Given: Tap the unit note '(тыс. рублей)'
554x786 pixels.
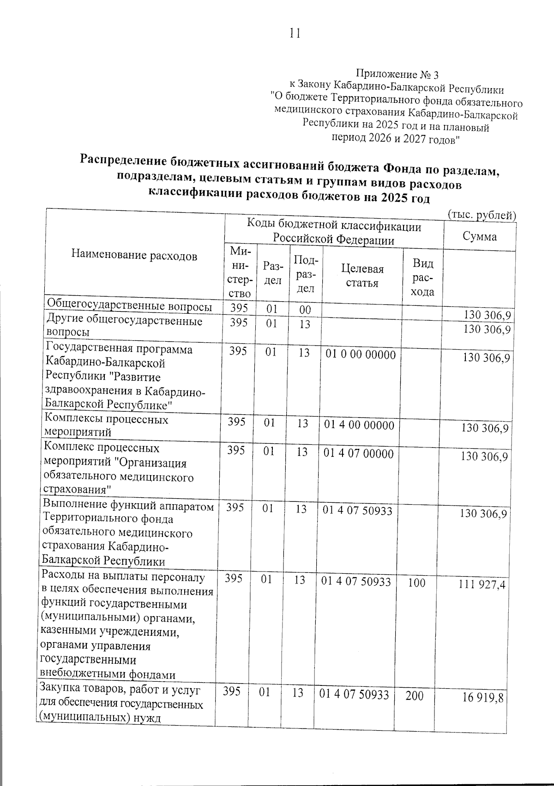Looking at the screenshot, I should click(482, 215).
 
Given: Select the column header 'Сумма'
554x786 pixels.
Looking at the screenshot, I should click(480, 237).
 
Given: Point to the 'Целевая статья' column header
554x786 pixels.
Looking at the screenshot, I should click(362, 276).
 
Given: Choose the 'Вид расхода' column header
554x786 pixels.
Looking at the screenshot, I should click(423, 277).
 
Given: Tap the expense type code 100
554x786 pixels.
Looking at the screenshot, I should click(416, 583).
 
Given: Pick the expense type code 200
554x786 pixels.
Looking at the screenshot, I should click(414, 695).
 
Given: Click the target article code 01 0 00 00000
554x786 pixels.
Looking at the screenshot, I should click(361, 355).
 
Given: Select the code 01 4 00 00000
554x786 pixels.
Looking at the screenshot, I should click(359, 425).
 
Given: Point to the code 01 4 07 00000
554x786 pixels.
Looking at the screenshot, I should click(359, 454).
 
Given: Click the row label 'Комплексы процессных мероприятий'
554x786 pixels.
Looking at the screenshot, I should click(106, 425).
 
